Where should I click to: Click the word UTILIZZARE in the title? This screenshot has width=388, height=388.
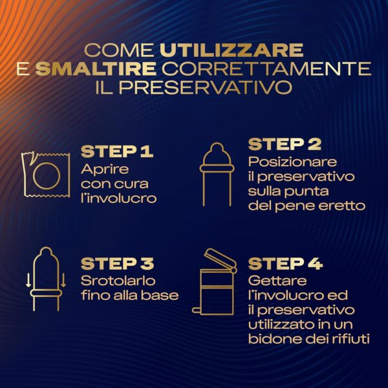click(x=232, y=50)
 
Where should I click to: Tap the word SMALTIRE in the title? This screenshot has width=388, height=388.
click(x=96, y=69)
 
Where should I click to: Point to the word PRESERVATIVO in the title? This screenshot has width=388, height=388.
click(x=206, y=87)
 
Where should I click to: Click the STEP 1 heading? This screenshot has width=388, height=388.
click(x=117, y=151)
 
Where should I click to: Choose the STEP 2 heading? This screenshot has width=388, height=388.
click(x=285, y=144)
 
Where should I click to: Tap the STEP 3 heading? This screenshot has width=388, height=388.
click(x=117, y=264)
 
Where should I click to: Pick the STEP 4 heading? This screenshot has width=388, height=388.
click(x=285, y=264)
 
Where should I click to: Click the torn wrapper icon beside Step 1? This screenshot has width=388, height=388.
click(x=46, y=175)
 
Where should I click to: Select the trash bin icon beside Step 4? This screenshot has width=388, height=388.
click(x=215, y=282)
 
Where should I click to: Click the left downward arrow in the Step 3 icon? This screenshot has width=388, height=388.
click(x=28, y=280)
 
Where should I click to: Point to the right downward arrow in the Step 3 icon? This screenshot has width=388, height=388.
click(x=63, y=280)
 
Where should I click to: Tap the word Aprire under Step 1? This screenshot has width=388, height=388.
click(x=105, y=169)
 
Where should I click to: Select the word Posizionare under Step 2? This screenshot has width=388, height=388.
click(x=292, y=162)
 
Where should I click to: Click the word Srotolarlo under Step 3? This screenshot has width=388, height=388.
click(x=118, y=281)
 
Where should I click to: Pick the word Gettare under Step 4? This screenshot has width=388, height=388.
click(x=277, y=281)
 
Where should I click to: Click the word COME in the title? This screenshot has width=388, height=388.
click(x=119, y=50)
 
